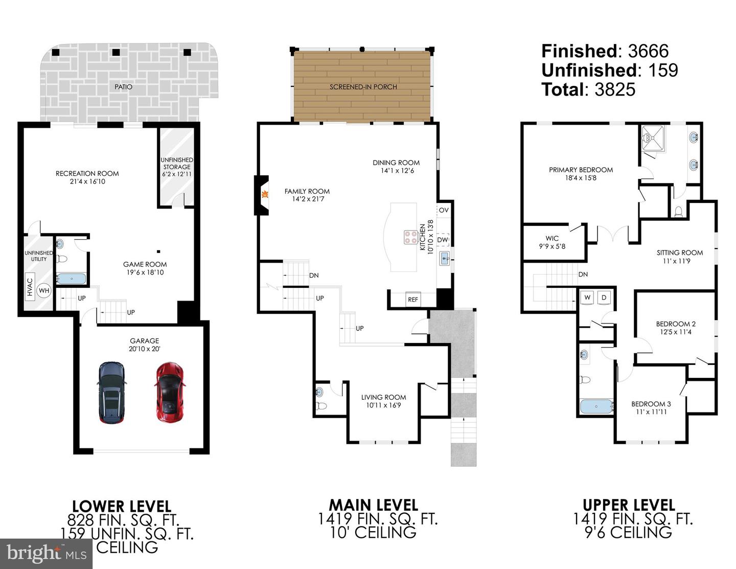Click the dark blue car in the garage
click(111, 392)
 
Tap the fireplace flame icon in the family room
click(265, 194)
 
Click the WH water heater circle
click(44, 291)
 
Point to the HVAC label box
click(30, 287)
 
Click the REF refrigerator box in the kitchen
click(412, 300)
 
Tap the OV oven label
click(443, 210)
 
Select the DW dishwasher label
click(443, 240)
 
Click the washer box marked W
click(587, 298)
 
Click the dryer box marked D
click(604, 298)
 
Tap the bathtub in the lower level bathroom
click(71, 279)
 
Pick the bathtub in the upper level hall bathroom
click(596, 406)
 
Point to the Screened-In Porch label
click(363, 87)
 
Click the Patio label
click(123, 87)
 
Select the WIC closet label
click(552, 238)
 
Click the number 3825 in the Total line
click(615, 89)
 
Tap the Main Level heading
click(373, 505)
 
